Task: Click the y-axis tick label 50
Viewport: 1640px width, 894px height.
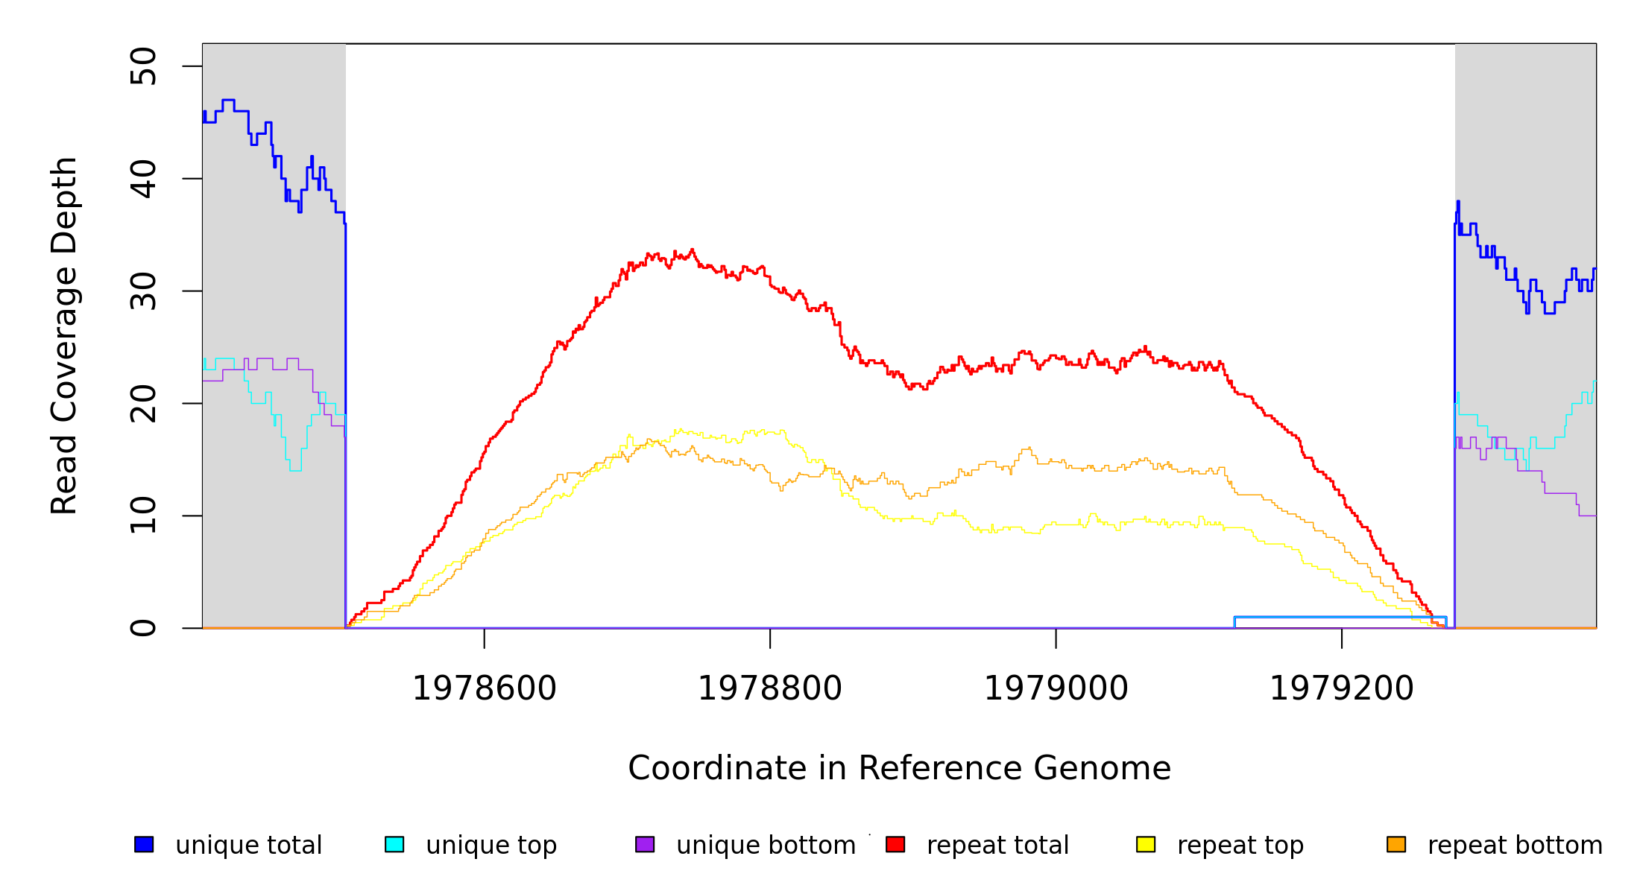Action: [x=143, y=66]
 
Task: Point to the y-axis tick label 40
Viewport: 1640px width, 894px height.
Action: [x=143, y=179]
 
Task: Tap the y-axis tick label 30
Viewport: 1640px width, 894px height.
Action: [x=143, y=291]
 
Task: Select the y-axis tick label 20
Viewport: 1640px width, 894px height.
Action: [x=143, y=404]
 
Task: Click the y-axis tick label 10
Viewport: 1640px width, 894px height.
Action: [x=143, y=516]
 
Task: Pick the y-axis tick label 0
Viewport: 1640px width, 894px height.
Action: [x=143, y=628]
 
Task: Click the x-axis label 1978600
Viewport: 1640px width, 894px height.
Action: [x=485, y=688]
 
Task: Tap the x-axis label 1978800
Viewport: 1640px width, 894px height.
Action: [x=770, y=688]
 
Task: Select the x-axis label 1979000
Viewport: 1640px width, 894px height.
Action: [x=1056, y=688]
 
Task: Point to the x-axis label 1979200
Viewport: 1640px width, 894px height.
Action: [x=1342, y=688]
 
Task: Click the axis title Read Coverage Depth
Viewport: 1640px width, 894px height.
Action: [x=64, y=335]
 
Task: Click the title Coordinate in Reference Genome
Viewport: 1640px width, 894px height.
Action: [x=899, y=768]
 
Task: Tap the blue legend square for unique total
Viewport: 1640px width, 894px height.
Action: [x=144, y=844]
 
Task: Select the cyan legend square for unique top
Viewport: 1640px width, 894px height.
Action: [x=394, y=844]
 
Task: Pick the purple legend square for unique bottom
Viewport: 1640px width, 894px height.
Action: [x=645, y=844]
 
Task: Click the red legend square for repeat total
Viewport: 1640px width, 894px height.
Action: [x=895, y=844]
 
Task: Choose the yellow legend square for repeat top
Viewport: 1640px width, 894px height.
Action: [x=1146, y=844]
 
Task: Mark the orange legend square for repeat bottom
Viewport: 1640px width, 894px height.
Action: [x=1396, y=844]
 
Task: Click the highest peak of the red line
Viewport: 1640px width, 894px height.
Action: [x=693, y=250]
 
